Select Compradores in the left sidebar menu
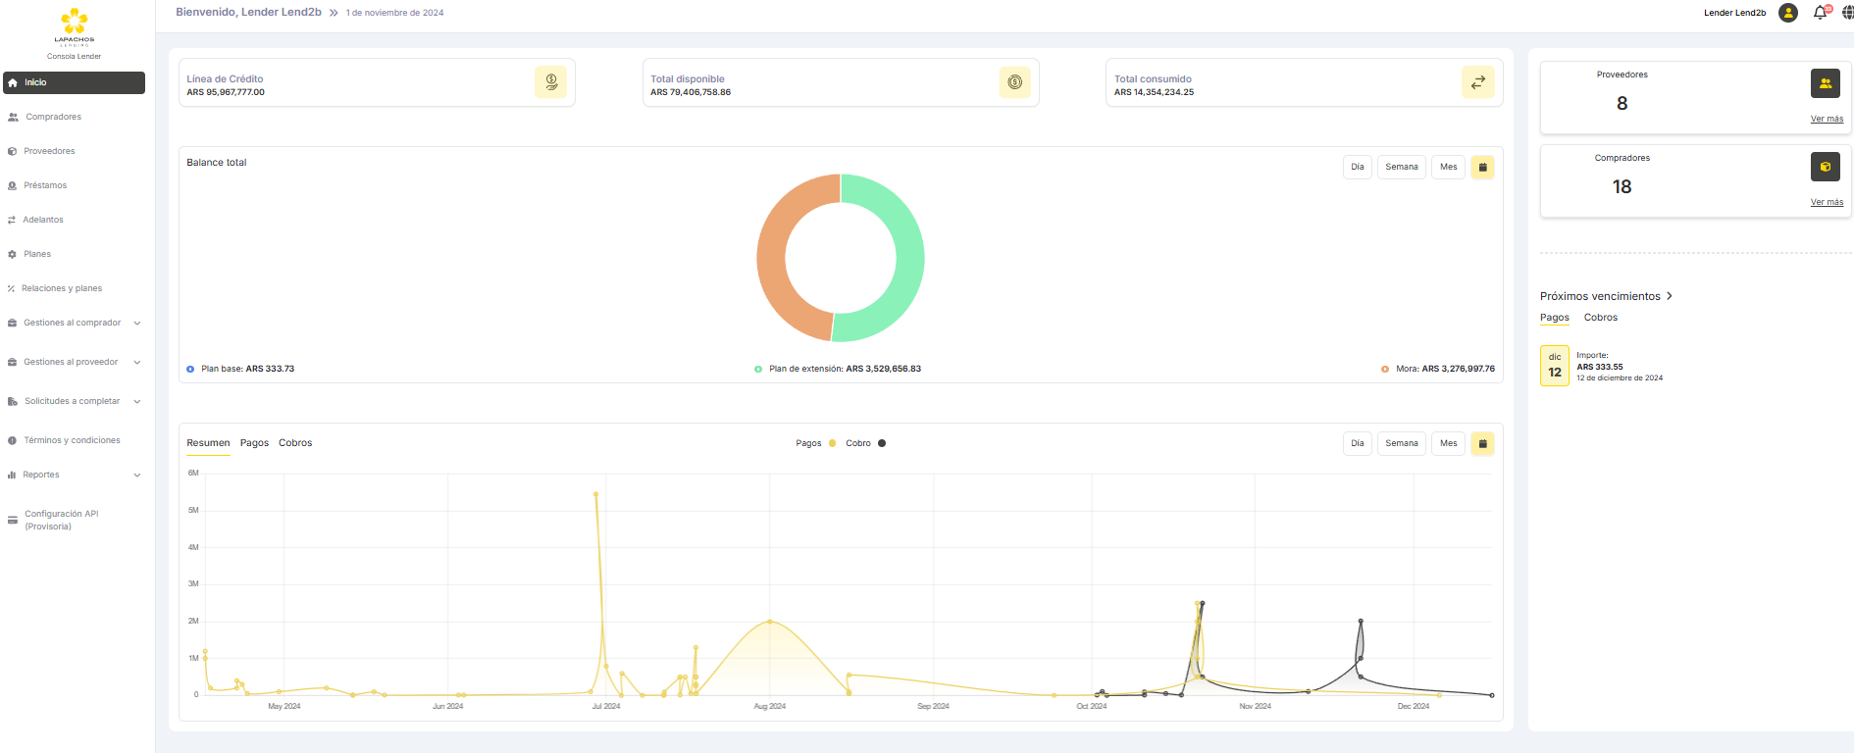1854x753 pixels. (x=53, y=117)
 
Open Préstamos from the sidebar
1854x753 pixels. (x=45, y=185)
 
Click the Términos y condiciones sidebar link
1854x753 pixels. (x=72, y=440)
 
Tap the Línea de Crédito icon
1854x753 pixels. (x=550, y=82)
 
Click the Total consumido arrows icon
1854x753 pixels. (x=1477, y=82)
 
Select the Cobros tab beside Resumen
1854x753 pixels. (x=295, y=443)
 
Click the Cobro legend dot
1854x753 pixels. (x=882, y=443)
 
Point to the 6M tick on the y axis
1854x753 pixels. (x=193, y=473)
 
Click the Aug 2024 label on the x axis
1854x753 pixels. (x=769, y=706)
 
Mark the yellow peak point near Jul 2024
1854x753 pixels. (x=595, y=494)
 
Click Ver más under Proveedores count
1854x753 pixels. (x=1827, y=119)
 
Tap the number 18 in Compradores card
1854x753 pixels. (x=1622, y=186)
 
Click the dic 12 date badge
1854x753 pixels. (x=1555, y=366)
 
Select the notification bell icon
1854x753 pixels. (x=1820, y=13)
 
